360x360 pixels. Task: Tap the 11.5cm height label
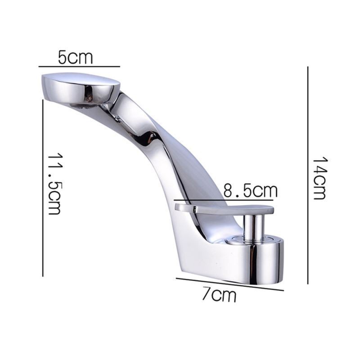click(x=54, y=184)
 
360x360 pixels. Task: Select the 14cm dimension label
click(x=319, y=178)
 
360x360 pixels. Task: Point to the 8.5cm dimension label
click(x=251, y=190)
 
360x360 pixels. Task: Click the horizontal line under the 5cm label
click(x=79, y=67)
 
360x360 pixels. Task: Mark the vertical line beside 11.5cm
click(x=43, y=189)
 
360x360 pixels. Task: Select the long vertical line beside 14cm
click(x=308, y=175)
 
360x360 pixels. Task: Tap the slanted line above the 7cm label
click(x=230, y=284)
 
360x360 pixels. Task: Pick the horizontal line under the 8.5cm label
click(x=223, y=200)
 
